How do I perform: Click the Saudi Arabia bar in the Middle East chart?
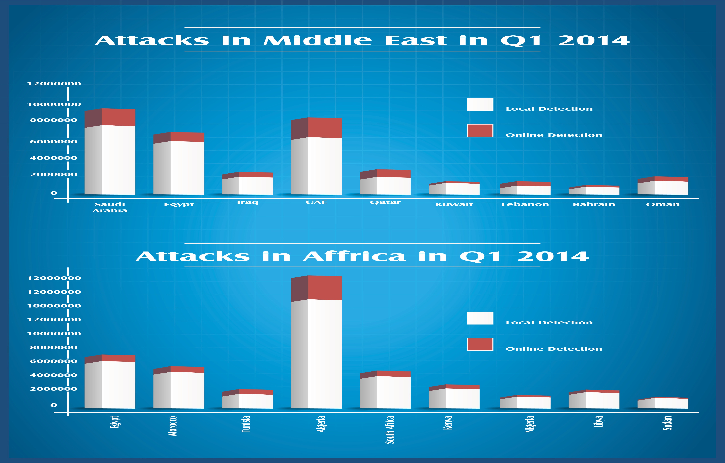pos(110,151)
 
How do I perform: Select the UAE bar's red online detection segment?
pos(316,128)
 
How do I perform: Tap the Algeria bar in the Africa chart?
pos(316,342)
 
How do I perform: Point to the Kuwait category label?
pos(454,204)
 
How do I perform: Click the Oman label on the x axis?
pos(663,204)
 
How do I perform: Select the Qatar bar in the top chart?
pos(385,182)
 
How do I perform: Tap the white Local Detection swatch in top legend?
pos(480,104)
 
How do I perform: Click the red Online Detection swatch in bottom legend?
pos(480,344)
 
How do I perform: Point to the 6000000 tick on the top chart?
pos(54,142)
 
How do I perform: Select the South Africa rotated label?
pos(390,430)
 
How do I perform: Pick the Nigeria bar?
pos(525,402)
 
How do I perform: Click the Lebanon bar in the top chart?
pos(525,188)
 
